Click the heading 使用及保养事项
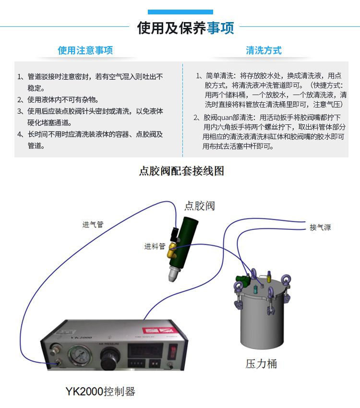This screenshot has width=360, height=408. tap(185, 28)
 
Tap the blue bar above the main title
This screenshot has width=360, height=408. tap(180, 12)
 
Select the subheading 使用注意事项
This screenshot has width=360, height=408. tap(85, 50)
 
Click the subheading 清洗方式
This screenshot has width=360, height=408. tap(264, 50)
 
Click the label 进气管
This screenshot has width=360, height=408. tap(93, 224)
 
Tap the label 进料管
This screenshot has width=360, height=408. tap(155, 246)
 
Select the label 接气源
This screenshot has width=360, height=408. tap(320, 227)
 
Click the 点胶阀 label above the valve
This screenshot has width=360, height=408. tap(199, 206)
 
